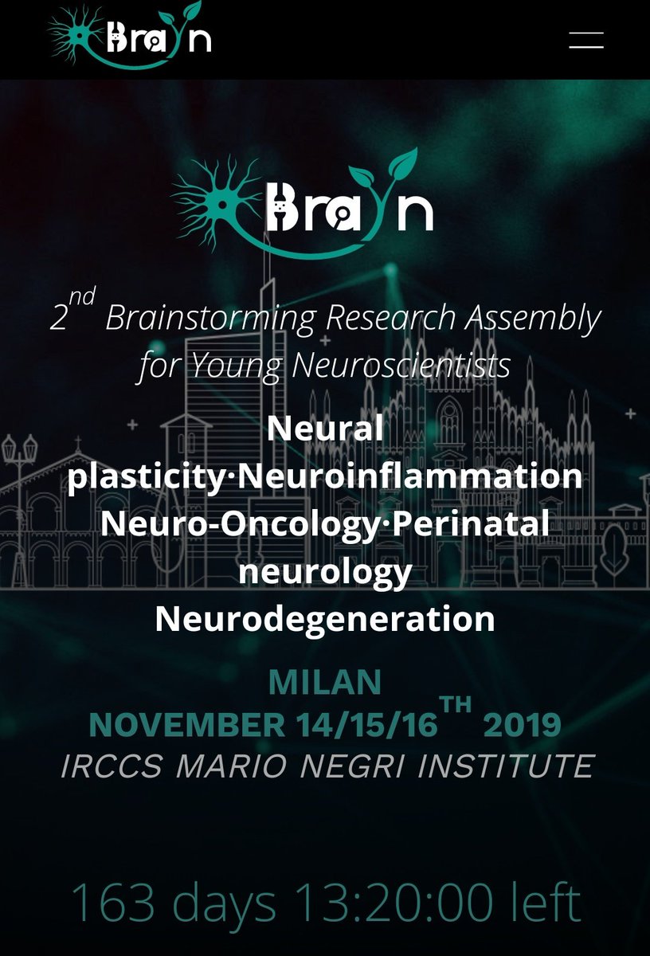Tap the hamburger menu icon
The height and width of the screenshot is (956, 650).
tap(586, 40)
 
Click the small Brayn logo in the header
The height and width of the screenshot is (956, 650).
tap(129, 36)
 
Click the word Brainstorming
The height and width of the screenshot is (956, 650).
tap(210, 319)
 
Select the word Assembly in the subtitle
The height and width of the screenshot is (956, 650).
tap(533, 318)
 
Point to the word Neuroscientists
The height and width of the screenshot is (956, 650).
tap(401, 366)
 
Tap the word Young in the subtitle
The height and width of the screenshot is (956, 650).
tap(236, 367)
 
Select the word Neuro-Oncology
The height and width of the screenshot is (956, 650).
tap(240, 524)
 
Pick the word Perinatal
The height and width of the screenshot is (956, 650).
tap(470, 523)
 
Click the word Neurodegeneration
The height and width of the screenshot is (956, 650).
tap(325, 619)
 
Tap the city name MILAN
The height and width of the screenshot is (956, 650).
tap(325, 682)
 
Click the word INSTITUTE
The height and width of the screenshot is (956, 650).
tap(506, 766)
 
